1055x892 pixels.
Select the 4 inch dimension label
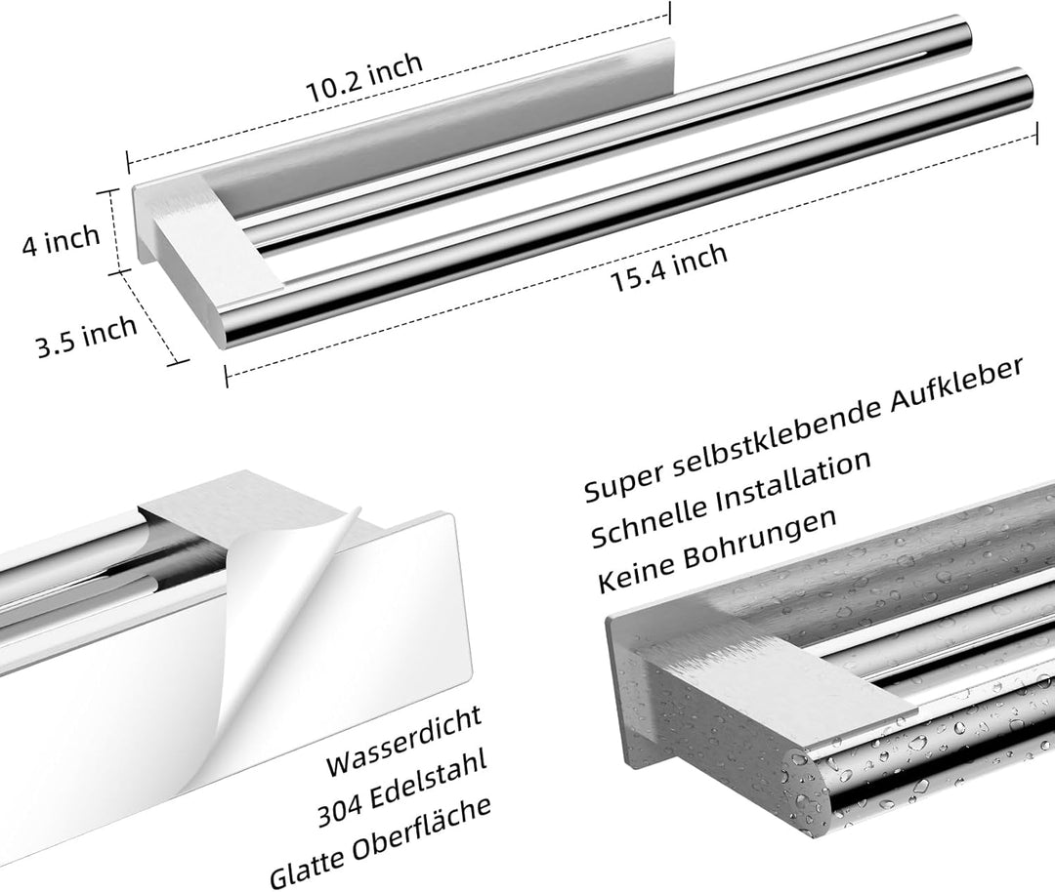61,240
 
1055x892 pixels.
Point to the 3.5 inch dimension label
86,336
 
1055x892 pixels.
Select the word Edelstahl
429,780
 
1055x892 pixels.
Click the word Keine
637,575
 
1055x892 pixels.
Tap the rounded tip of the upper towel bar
966,32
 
